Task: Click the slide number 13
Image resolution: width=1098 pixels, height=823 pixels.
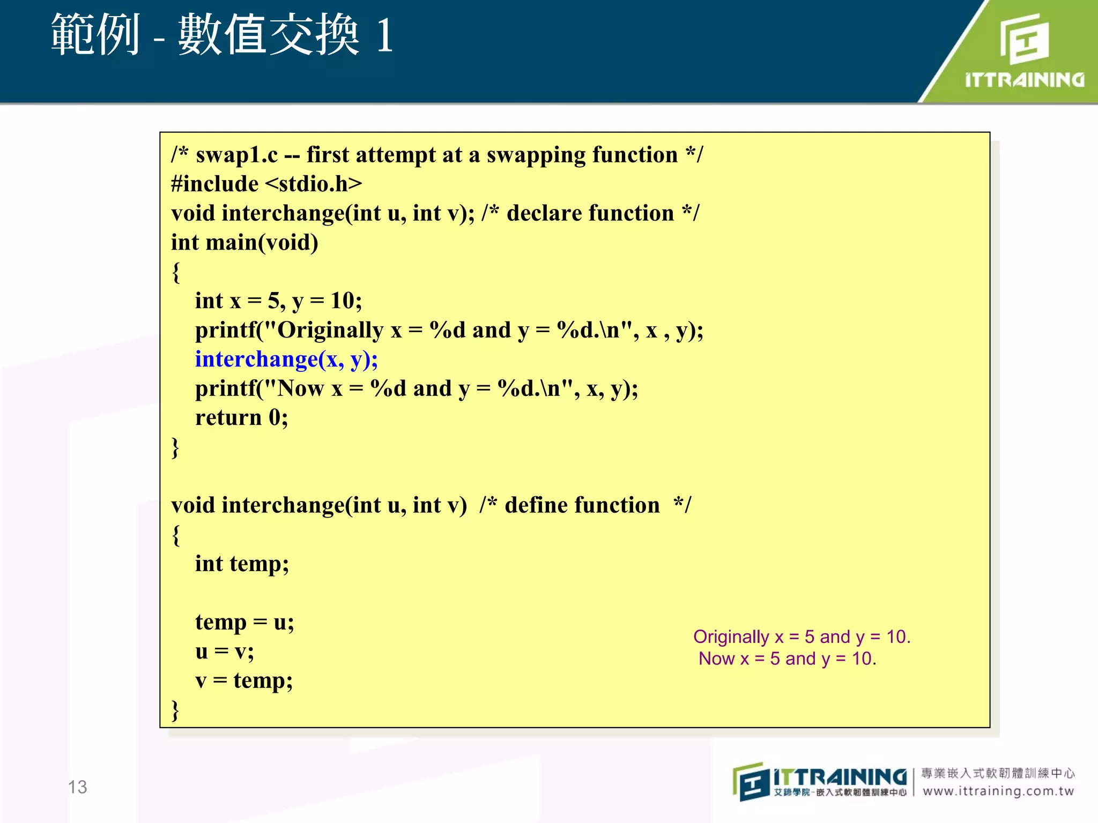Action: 77,787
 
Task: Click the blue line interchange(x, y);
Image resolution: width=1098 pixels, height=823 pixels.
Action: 286,360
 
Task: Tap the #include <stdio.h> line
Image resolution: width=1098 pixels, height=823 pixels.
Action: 266,184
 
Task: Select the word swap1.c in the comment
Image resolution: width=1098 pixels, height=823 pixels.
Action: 236,155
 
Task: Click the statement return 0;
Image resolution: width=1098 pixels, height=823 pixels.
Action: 241,418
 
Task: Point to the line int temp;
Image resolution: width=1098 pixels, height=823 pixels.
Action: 242,564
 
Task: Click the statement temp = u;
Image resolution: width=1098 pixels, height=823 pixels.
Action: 244,623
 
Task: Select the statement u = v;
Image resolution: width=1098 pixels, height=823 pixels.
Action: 224,652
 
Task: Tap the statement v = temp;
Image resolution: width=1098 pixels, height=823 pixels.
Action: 244,681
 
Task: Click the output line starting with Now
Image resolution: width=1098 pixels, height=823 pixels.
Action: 787,659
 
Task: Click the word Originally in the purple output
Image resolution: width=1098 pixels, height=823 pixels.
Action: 731,637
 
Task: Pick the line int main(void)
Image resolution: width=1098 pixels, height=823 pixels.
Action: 244,243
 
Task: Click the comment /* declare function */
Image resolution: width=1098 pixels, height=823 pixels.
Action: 590,214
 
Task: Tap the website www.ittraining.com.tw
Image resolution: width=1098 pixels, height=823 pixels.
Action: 998,791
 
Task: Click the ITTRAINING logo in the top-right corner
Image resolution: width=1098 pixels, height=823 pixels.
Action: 1024,51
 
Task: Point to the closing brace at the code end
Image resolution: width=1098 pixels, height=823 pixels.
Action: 175,710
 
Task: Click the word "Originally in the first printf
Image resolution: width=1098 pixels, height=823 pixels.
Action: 325,331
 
